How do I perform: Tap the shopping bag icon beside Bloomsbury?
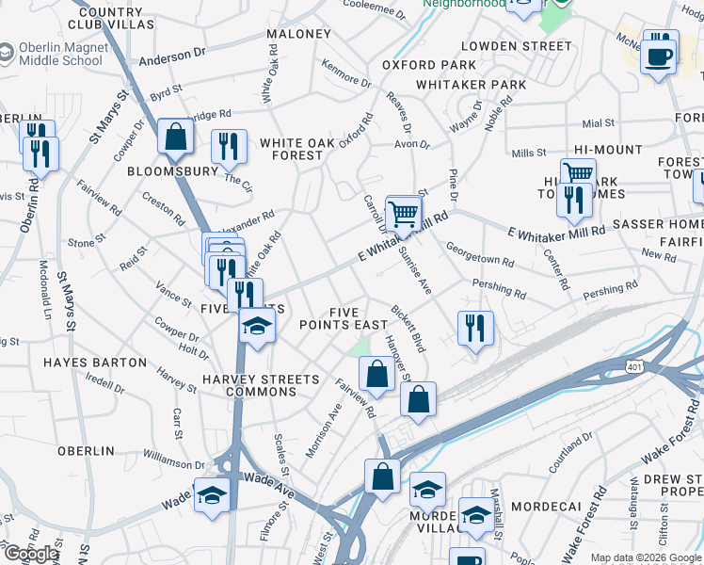tap(175, 137)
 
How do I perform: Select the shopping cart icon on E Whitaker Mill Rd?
tap(404, 213)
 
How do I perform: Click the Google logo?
tap(30, 554)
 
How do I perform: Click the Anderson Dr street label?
tap(172, 59)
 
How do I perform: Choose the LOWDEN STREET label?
tap(515, 45)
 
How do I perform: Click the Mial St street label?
tap(598, 122)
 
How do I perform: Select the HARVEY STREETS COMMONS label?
tap(261, 386)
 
